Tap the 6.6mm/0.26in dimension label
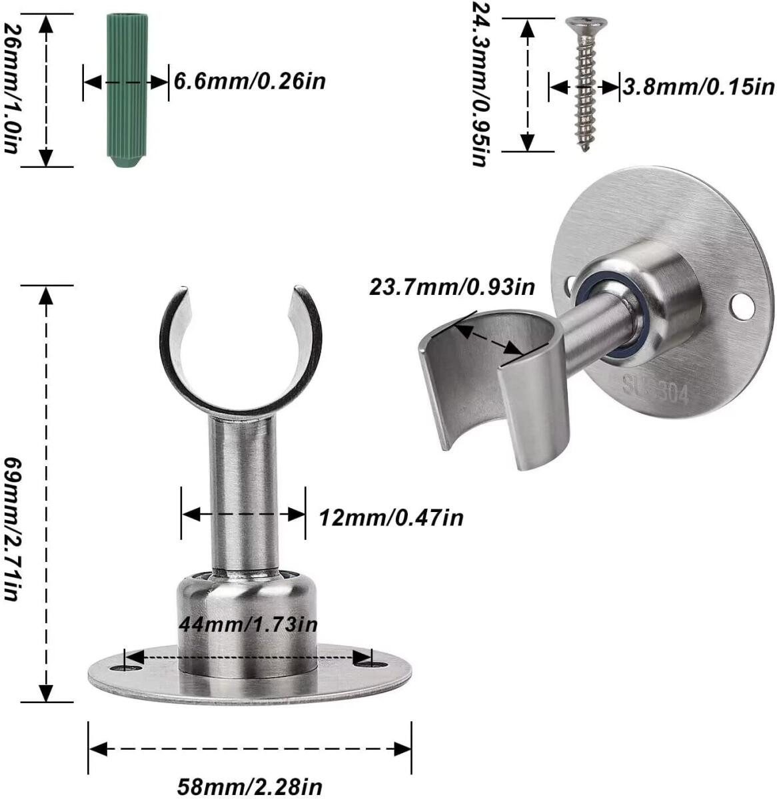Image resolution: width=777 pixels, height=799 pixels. click(249, 82)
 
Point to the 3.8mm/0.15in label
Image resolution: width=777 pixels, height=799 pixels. click(698, 87)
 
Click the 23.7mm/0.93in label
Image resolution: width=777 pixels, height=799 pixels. click(452, 288)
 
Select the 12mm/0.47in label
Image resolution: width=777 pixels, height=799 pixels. click(390, 517)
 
